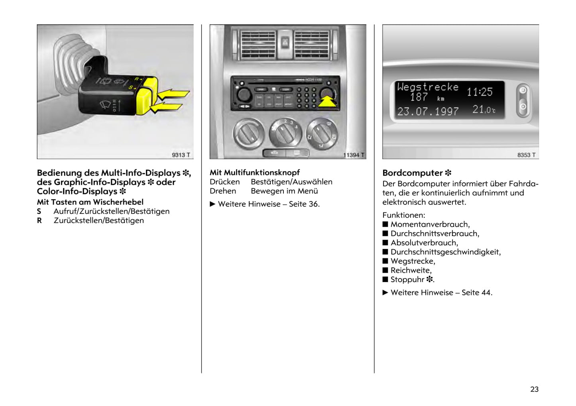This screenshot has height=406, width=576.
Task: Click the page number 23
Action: click(x=534, y=389)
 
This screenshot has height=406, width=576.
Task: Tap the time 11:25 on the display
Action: click(x=480, y=92)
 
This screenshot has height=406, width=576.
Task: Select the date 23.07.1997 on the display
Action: click(x=428, y=112)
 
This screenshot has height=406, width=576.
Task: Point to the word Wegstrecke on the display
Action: click(x=428, y=87)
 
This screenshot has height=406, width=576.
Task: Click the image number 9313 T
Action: click(x=181, y=155)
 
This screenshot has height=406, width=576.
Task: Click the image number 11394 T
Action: click(x=354, y=155)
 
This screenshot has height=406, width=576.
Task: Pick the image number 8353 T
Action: click(x=526, y=155)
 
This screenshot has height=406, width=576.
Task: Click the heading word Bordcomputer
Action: click(x=413, y=173)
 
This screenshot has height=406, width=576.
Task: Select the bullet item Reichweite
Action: click(x=411, y=270)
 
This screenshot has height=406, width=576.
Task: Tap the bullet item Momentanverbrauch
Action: click(x=430, y=224)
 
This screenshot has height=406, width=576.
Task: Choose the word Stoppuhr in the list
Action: click(x=407, y=280)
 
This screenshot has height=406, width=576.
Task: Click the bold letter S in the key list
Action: click(x=39, y=211)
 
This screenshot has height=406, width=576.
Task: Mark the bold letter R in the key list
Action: click(x=39, y=220)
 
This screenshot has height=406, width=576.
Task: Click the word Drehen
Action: click(x=223, y=191)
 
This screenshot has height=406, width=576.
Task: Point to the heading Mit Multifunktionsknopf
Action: click(x=255, y=173)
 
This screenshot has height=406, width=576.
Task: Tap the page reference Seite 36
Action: click(x=304, y=204)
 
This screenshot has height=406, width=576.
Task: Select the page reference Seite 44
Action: click(x=477, y=292)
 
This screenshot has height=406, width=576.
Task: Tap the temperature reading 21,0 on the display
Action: click(x=484, y=110)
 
